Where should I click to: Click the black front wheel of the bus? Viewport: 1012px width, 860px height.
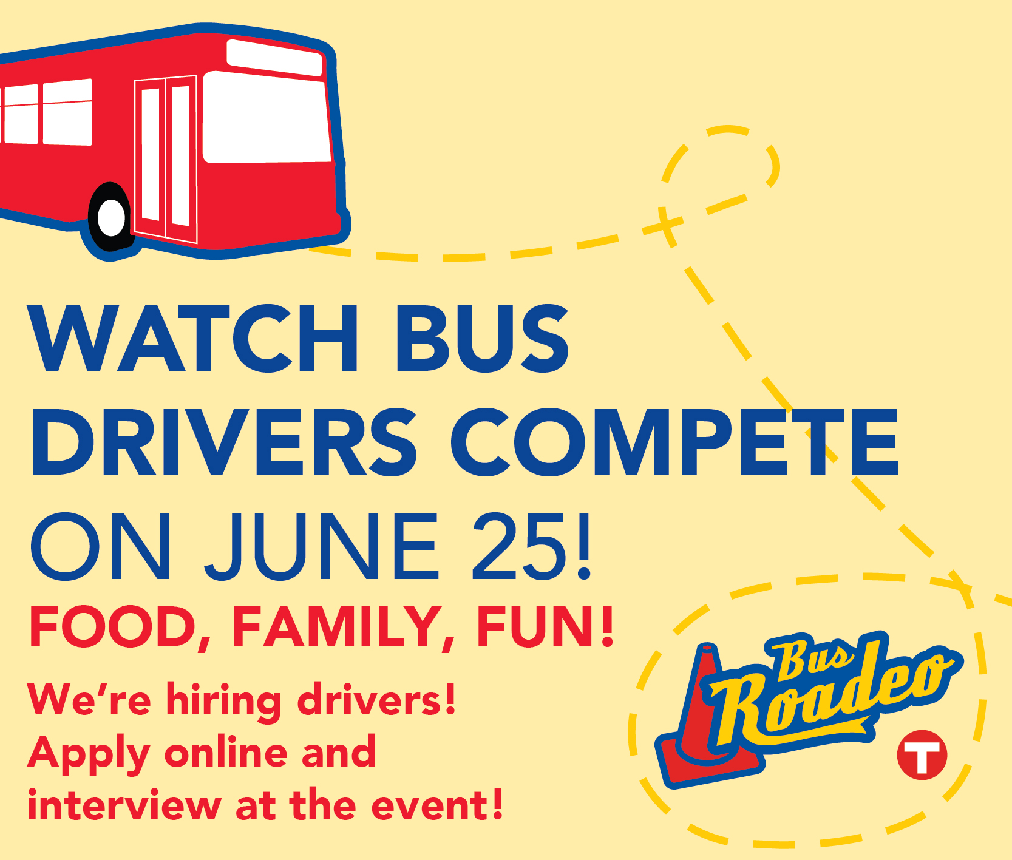110,217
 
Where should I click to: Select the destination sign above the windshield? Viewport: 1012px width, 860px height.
274,58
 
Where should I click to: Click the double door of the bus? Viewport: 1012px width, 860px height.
166,159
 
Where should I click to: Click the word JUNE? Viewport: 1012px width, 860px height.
321,546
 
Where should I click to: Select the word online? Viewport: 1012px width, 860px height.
228,752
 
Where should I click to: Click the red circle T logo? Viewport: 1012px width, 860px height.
922,754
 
